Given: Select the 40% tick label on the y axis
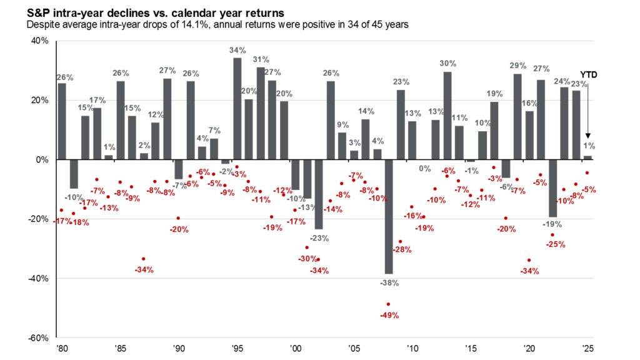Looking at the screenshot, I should [x=39, y=41].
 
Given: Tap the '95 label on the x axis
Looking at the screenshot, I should [x=237, y=349].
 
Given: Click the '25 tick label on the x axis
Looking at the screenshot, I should [x=587, y=349].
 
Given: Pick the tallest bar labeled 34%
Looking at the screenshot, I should [x=237, y=109].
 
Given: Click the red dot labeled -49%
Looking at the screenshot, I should [x=389, y=304].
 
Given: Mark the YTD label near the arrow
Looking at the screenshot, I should [x=588, y=74].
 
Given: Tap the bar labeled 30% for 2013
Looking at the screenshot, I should [x=447, y=116].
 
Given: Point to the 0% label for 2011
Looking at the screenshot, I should [x=424, y=167].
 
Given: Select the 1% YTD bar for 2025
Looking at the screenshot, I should [x=587, y=157].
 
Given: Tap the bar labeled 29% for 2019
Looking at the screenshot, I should [x=517, y=117].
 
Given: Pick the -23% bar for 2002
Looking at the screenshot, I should [x=319, y=194].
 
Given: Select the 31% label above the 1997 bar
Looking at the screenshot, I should [x=261, y=59].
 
